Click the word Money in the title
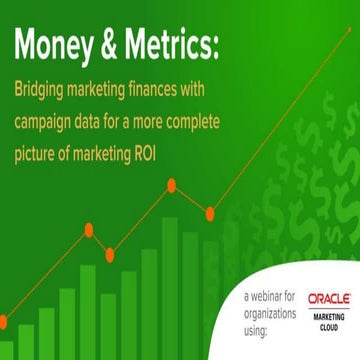point(59,46)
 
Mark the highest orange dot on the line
point(172,184)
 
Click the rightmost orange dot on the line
point(209,212)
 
